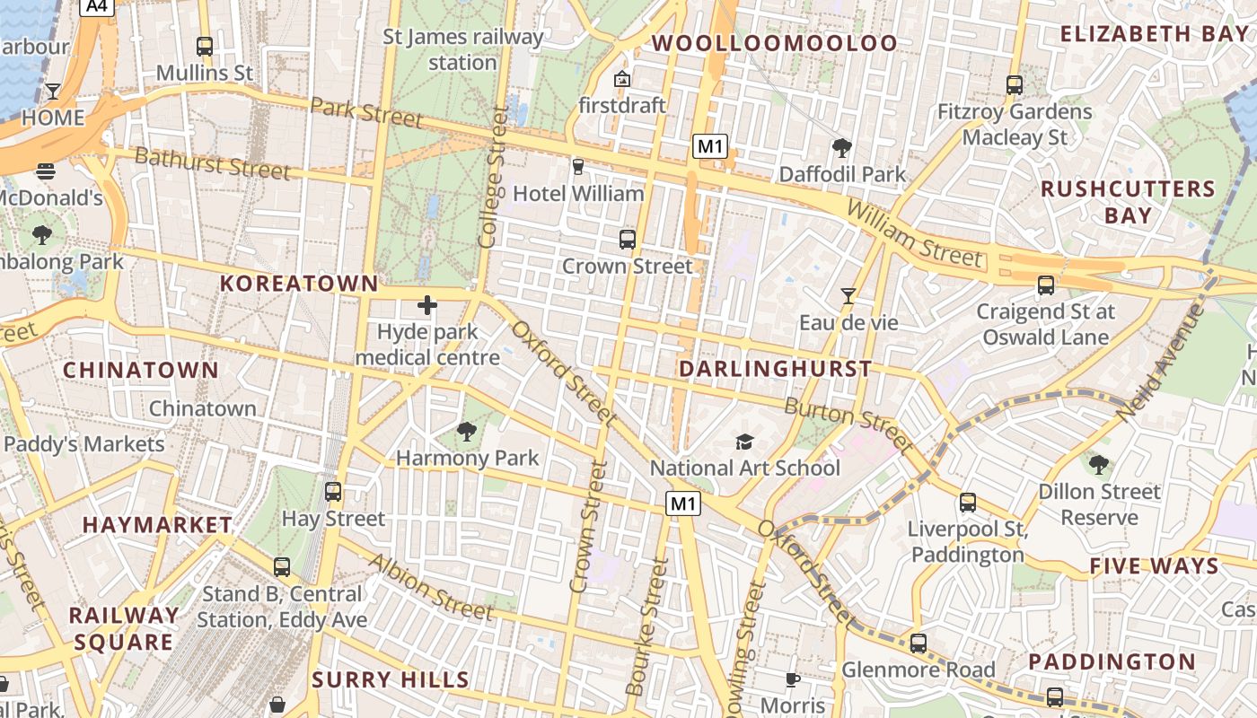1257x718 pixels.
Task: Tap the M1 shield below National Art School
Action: tap(682, 504)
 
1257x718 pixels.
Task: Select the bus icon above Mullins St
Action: tap(205, 46)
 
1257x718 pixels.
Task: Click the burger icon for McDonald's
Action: tap(46, 171)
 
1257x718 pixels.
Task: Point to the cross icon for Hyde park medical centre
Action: tap(427, 305)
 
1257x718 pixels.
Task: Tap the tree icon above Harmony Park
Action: tap(466, 432)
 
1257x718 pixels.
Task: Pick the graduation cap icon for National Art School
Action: tap(744, 442)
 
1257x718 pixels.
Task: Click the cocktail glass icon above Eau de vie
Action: tap(848, 295)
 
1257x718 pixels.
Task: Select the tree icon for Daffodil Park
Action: tap(841, 148)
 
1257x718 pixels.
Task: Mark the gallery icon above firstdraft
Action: tap(621, 79)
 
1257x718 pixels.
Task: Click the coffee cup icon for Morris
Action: tap(792, 679)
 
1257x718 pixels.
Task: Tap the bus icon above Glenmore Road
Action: tap(918, 644)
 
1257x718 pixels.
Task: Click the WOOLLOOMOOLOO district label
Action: tap(774, 43)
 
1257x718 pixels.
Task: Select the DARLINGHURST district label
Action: tap(775, 369)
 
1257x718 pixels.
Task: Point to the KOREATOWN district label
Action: tap(299, 284)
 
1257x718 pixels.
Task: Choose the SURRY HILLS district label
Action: tap(391, 679)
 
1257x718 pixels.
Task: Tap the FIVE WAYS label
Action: tap(1154, 566)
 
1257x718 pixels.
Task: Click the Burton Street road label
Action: tap(848, 425)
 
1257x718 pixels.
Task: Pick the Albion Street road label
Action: tap(431, 588)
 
